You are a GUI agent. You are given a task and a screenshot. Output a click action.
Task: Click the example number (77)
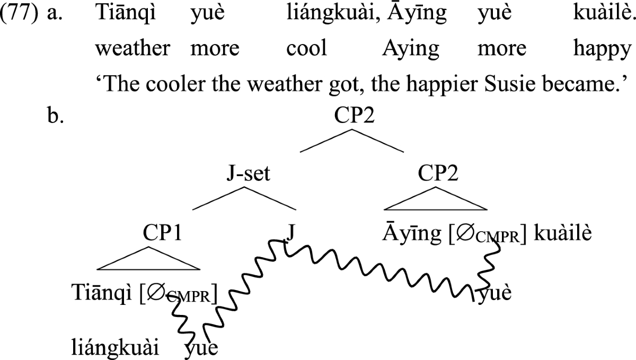[x=20, y=15]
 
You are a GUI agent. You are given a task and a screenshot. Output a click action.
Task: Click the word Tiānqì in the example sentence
[x=119, y=15]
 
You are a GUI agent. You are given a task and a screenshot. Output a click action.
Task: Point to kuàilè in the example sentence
[x=604, y=15]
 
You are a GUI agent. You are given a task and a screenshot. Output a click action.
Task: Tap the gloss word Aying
[x=411, y=49]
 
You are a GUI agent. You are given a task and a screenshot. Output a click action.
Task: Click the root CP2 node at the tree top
[x=354, y=117]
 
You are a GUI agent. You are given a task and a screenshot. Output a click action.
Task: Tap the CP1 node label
[x=162, y=233]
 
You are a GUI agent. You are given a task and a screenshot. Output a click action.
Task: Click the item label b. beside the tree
[x=55, y=117]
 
